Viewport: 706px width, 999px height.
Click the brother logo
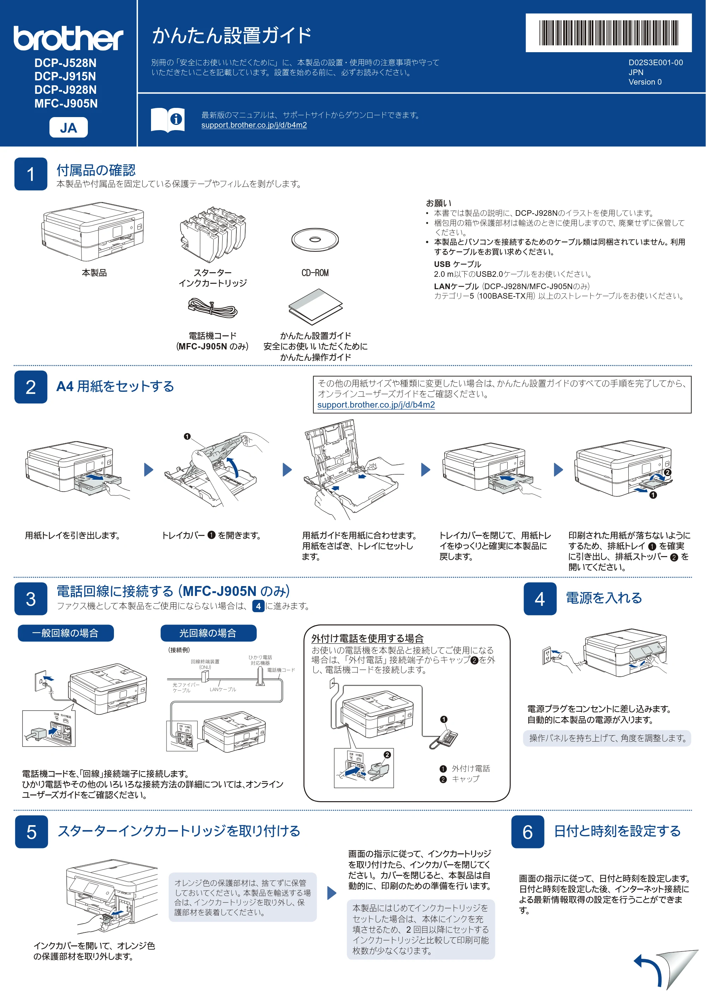(68, 38)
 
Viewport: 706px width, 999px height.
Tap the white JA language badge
(68, 128)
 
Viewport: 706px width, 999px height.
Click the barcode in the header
(609, 33)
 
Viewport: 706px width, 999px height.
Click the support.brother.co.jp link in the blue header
(254, 125)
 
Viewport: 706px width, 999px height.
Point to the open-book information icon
(168, 120)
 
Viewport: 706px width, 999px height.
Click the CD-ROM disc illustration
(315, 240)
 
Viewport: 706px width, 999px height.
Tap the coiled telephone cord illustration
(212, 308)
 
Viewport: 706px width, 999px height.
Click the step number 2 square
(31, 387)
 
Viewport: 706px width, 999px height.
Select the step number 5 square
(31, 832)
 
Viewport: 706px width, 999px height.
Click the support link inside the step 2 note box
(376, 405)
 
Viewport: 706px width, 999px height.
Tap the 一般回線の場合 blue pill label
(66, 633)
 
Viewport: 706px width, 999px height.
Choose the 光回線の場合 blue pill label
(209, 633)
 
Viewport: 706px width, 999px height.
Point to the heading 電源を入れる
(604, 598)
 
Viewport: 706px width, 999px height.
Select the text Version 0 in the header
(645, 82)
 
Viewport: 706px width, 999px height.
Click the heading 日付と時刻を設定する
(617, 831)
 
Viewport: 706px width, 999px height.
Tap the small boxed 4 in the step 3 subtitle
(258, 606)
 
